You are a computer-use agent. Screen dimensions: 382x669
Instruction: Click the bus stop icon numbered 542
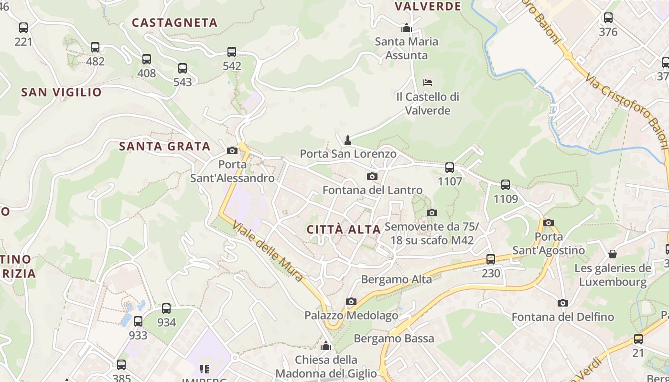coord(232,52)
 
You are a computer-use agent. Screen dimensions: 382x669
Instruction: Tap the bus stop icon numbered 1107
coord(450,168)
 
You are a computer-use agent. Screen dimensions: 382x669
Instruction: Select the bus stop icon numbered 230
coord(491,259)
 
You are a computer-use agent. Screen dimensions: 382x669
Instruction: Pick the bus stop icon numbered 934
coord(166,308)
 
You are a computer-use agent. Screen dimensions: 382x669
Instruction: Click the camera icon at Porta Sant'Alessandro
coord(232,151)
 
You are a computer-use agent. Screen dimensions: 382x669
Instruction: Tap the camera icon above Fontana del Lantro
coord(372,176)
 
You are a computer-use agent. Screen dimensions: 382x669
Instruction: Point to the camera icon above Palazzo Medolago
coord(351,301)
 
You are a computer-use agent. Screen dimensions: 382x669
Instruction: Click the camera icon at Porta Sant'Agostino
coord(549,223)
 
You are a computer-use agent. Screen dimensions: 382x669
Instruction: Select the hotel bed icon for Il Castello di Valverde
coord(428,83)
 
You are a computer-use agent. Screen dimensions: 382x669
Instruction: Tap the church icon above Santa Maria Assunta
coord(407,28)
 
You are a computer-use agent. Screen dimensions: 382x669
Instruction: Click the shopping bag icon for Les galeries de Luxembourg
coord(613,254)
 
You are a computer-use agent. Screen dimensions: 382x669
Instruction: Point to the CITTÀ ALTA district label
coord(344,230)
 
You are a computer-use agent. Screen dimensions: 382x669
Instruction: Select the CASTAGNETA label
coord(175,22)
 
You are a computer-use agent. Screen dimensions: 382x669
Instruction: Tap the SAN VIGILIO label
coord(61,92)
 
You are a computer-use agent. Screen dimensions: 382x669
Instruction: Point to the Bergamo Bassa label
coord(394,339)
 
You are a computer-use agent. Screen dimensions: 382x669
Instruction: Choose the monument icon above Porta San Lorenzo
coord(348,140)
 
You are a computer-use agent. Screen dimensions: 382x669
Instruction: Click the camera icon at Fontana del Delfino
coord(563,303)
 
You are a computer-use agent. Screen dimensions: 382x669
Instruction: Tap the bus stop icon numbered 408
coord(147,59)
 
